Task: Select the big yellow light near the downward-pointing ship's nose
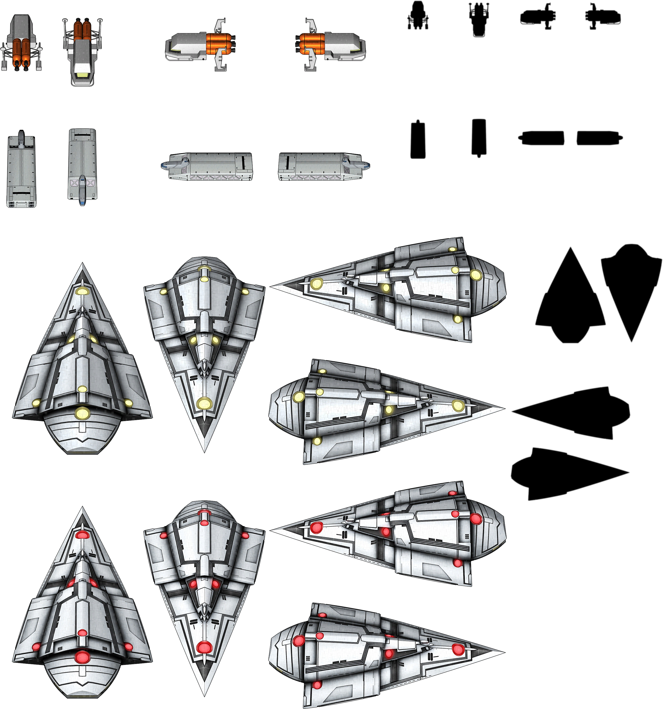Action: (x=204, y=404)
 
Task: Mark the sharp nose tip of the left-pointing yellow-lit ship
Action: (x=272, y=286)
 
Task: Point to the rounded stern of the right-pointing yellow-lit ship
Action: (x=272, y=410)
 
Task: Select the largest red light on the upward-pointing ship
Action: (x=82, y=657)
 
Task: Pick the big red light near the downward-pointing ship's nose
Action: (x=204, y=647)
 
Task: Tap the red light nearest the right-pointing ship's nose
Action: (x=458, y=649)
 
